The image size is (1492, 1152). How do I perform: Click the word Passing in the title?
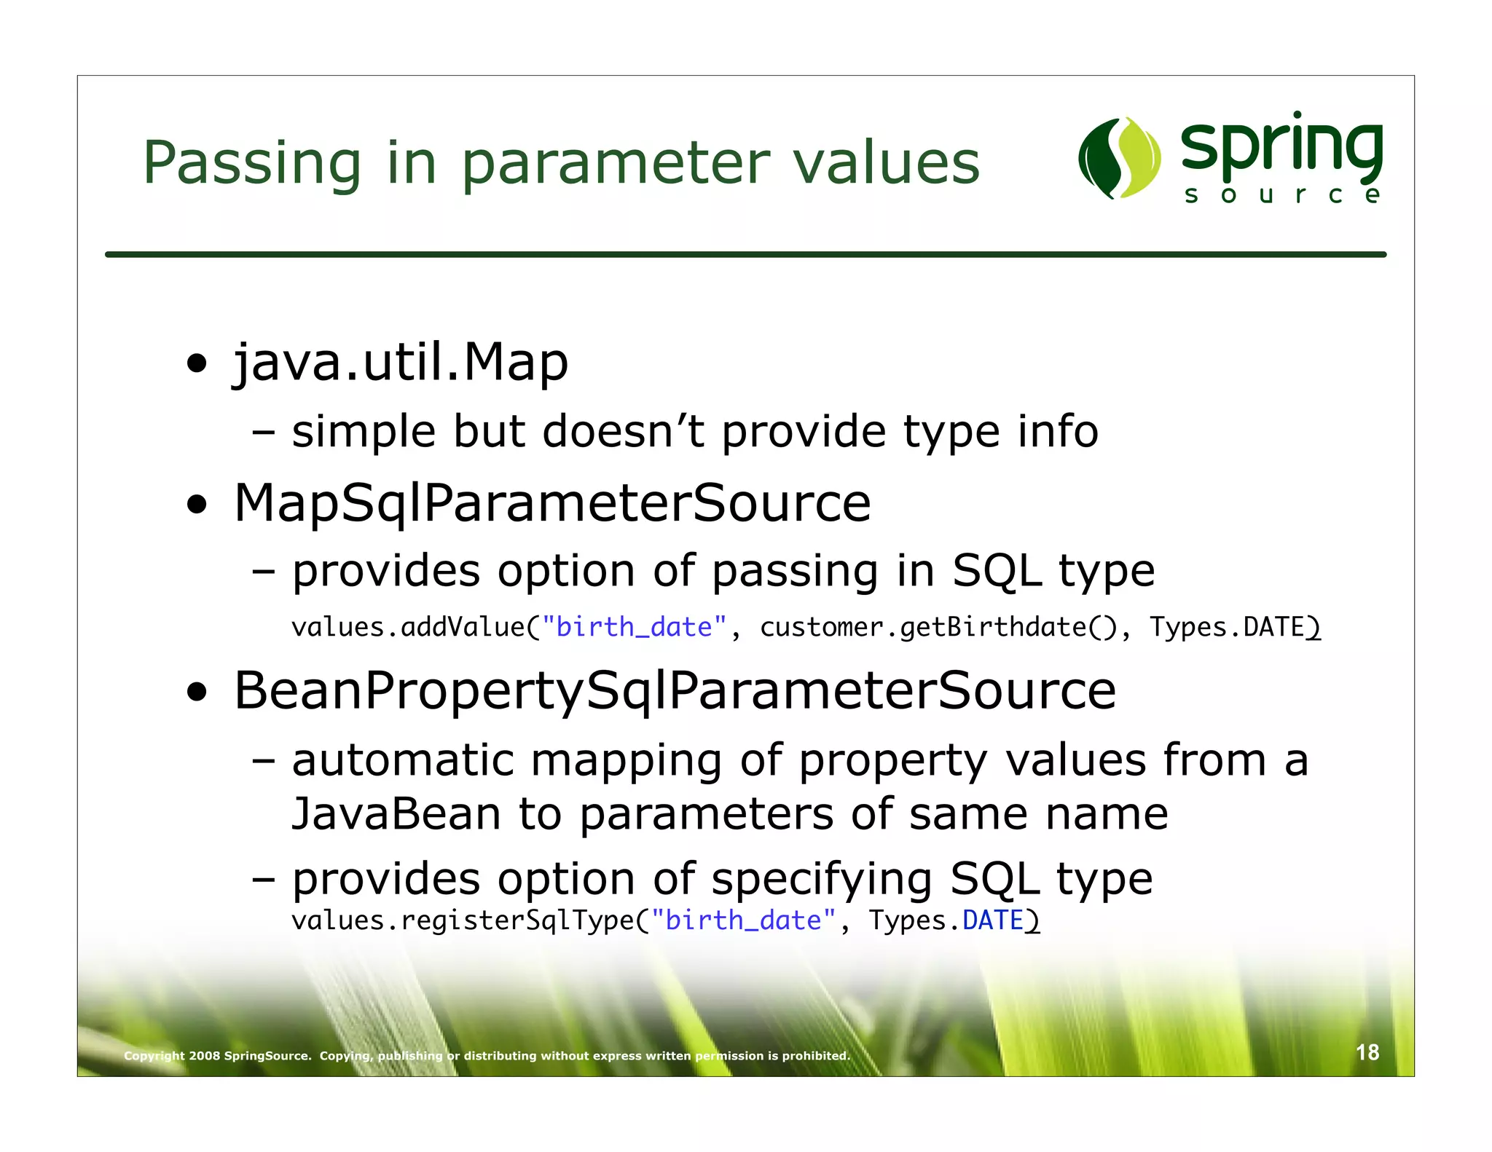[x=252, y=163]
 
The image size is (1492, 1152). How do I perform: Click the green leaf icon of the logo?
[x=1119, y=157]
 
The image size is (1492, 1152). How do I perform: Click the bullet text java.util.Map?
[x=400, y=362]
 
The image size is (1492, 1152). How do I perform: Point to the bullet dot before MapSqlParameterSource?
[x=197, y=504]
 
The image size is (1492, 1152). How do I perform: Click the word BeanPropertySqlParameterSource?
[x=675, y=690]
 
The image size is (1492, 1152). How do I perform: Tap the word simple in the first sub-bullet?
[x=364, y=431]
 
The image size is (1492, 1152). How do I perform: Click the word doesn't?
[x=624, y=431]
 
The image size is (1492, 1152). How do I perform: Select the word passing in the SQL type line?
[x=795, y=571]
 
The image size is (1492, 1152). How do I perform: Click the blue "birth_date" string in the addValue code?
[x=634, y=627]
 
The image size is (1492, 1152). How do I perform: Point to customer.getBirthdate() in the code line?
[x=938, y=627]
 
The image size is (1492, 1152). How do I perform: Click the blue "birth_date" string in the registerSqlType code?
[x=742, y=920]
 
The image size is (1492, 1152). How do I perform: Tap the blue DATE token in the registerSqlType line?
[x=992, y=920]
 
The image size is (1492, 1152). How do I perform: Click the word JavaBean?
[x=396, y=813]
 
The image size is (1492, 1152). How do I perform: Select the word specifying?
[x=821, y=879]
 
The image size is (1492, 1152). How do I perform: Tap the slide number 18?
[x=1367, y=1052]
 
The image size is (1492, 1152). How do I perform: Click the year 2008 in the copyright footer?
[x=204, y=1056]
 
